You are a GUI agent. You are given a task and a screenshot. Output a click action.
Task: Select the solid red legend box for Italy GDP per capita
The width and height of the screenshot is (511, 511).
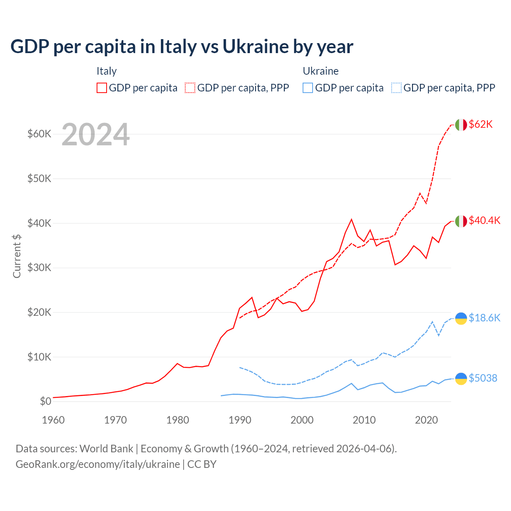pos(102,88)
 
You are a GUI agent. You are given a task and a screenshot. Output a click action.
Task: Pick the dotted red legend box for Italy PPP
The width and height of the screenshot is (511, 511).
pos(190,88)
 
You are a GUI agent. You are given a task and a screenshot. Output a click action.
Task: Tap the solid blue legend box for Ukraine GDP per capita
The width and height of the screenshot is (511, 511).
pos(308,88)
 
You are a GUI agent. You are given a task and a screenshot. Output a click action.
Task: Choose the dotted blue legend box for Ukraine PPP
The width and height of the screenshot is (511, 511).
pos(396,88)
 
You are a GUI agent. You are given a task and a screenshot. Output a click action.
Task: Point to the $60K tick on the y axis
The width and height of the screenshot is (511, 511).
pos(39,134)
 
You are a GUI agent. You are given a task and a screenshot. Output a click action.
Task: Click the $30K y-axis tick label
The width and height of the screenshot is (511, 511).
pos(39,267)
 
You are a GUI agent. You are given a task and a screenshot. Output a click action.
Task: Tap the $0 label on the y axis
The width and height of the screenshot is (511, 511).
pos(46,401)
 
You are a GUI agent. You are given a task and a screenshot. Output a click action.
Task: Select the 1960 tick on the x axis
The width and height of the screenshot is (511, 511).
pos(53,420)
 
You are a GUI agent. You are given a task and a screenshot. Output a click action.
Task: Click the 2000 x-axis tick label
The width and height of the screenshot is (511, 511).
pos(302,420)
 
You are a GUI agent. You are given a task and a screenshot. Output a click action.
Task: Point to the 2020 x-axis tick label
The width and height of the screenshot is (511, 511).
pos(426,420)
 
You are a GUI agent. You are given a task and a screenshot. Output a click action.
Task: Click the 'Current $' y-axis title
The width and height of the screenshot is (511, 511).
pos(17,256)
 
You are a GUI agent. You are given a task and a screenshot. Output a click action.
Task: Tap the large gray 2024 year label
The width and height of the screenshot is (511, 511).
pos(95,135)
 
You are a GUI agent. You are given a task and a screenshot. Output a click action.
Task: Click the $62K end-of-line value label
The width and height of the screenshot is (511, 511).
pos(481,125)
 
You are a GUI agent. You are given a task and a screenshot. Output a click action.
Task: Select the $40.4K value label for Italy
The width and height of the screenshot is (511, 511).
pos(484,221)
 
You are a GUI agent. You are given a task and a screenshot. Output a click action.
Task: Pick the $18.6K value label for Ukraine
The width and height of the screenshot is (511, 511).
pos(484,318)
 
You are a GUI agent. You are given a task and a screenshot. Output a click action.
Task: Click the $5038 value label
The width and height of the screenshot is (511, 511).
pos(483,378)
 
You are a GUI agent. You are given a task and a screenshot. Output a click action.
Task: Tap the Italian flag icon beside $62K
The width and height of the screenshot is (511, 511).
pos(461,125)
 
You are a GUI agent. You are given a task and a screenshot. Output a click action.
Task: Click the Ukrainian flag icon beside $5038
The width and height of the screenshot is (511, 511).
pos(461,378)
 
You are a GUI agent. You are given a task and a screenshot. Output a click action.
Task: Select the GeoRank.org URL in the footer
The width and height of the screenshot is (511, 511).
pos(98,464)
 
